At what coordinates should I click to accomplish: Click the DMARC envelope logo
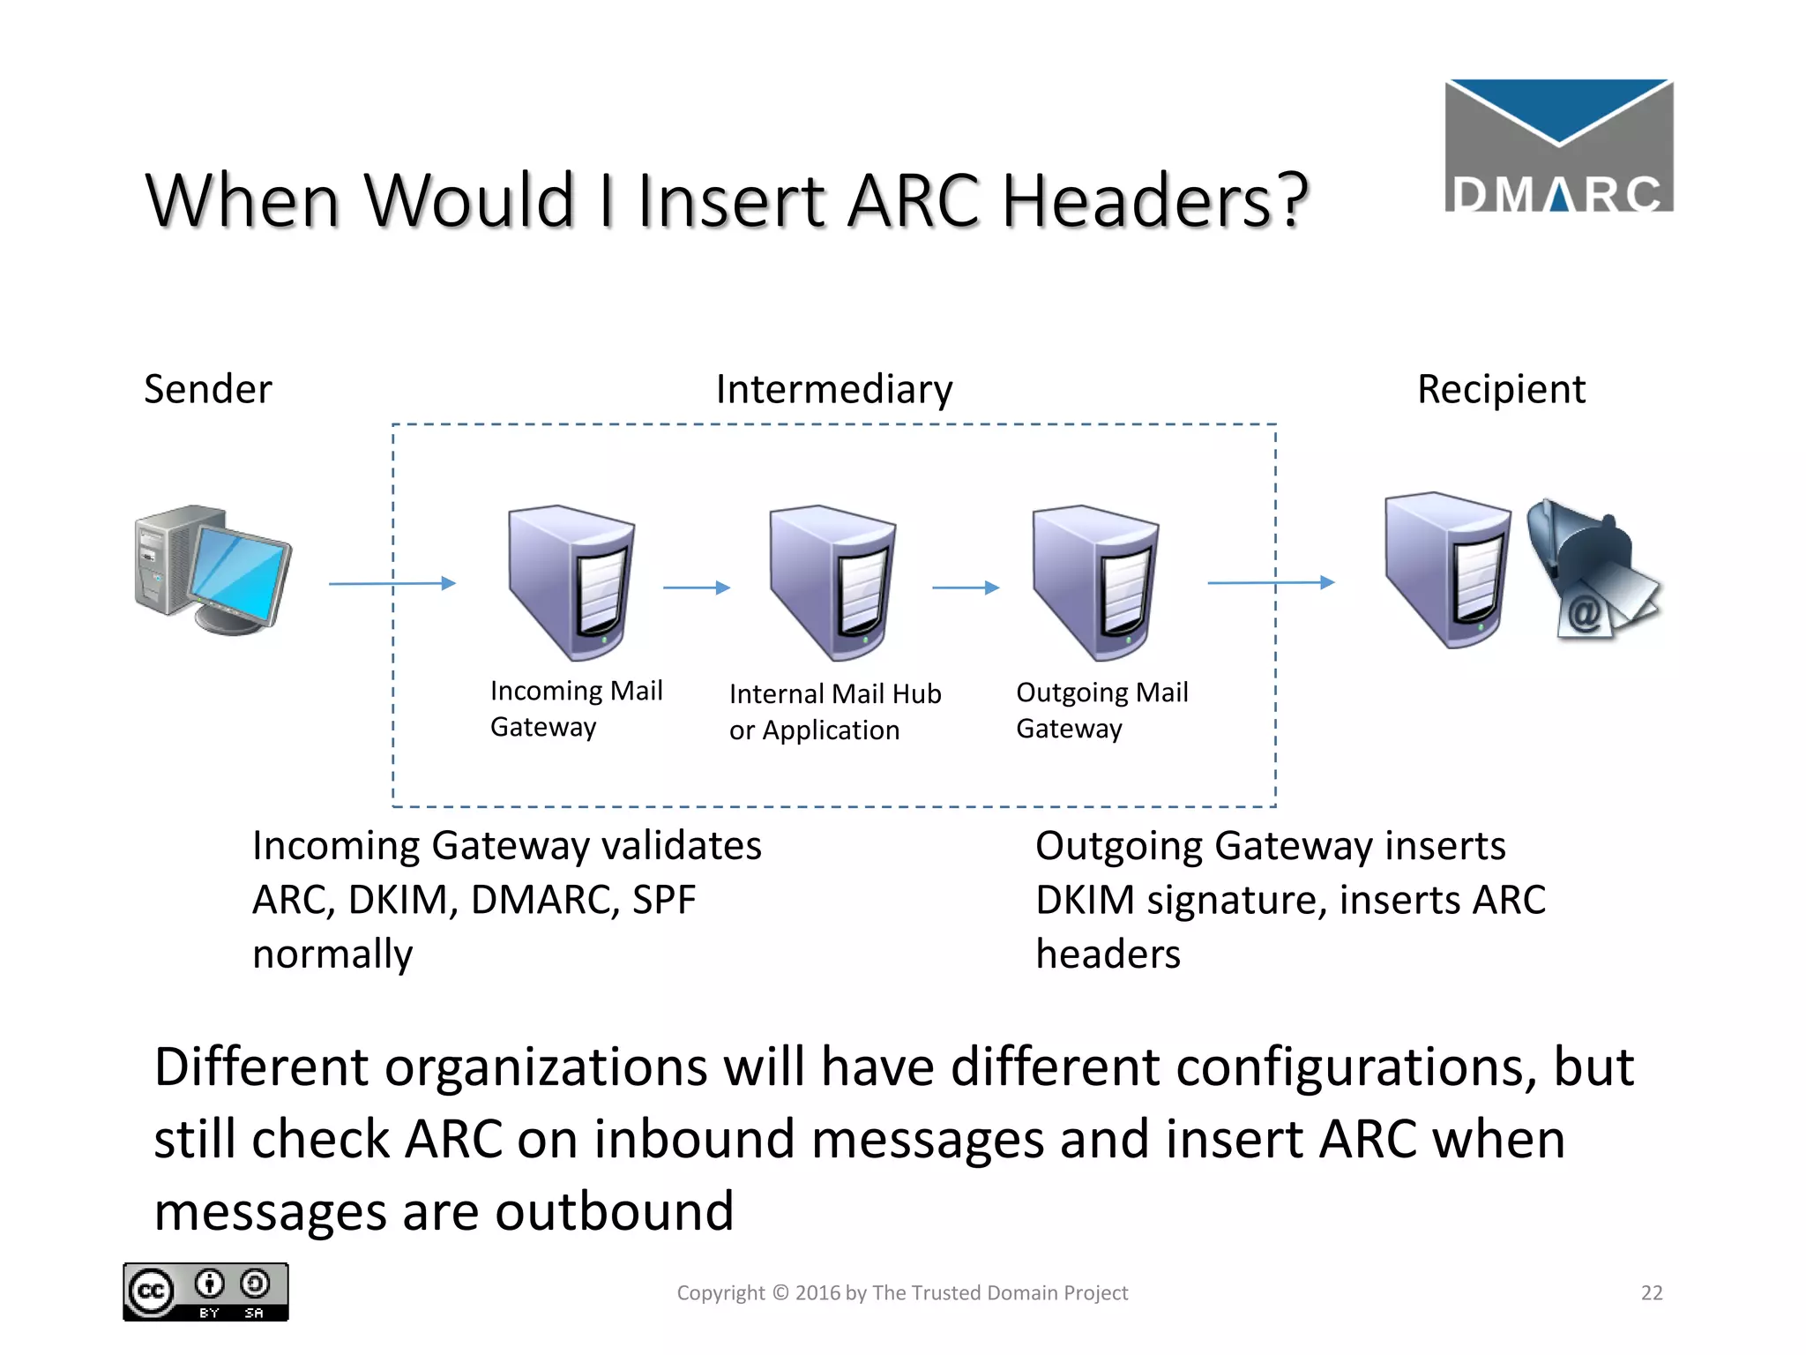(1558, 146)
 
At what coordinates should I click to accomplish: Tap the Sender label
(208, 389)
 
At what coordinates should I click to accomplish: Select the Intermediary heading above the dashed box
(833, 389)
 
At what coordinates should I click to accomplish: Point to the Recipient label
(1501, 389)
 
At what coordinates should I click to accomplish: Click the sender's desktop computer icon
(213, 569)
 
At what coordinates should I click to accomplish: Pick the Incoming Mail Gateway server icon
(571, 581)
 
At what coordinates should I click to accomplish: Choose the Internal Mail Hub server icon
(832, 581)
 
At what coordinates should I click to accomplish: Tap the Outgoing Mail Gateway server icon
(1095, 581)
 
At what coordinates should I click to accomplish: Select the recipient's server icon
(1446, 569)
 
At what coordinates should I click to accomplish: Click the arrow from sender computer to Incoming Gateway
(392, 583)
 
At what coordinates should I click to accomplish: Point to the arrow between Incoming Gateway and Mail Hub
(697, 588)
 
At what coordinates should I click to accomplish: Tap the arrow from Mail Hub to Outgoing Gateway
(966, 588)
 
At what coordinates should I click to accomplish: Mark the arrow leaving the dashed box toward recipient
(1271, 582)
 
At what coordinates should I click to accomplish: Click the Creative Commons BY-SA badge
(205, 1292)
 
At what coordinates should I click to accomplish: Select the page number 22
(1652, 1293)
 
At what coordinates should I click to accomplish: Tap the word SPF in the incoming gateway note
(664, 900)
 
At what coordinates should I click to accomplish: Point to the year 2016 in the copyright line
(817, 1293)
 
